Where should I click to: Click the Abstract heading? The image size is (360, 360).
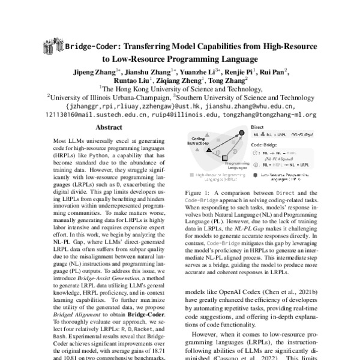110,128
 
